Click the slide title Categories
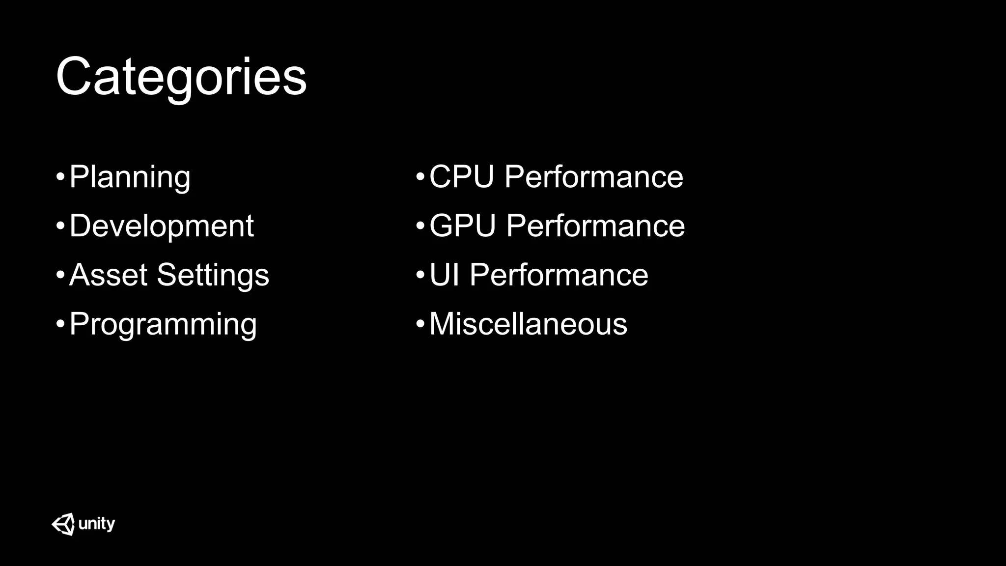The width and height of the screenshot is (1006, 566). click(181, 77)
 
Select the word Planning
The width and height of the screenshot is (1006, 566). click(130, 177)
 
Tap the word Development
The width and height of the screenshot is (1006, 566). click(162, 226)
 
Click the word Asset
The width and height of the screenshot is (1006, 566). click(108, 275)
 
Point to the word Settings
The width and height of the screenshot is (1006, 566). click(213, 275)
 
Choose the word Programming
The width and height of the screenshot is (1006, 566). click(163, 324)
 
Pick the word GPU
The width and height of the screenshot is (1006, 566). click(462, 226)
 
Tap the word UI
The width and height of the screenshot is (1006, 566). click(444, 275)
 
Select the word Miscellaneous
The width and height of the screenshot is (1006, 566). click(528, 324)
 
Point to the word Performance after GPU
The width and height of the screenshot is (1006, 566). click(595, 226)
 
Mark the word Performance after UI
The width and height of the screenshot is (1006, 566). click(559, 275)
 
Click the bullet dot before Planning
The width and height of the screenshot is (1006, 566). click(60, 177)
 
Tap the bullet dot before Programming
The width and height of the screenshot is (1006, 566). click(60, 324)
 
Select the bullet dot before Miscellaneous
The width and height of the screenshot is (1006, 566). click(420, 324)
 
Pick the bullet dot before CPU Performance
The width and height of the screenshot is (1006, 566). click(420, 177)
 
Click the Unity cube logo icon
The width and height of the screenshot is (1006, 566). click(63, 524)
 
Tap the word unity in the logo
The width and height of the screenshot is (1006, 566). click(97, 524)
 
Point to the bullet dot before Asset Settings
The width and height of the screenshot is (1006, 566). click(60, 275)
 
